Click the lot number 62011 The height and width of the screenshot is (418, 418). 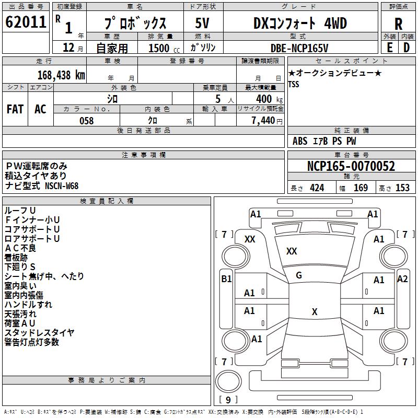pyautogui.click(x=25, y=22)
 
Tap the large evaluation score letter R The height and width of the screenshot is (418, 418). pyautogui.click(x=398, y=24)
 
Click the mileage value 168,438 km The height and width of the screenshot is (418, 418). pyautogui.click(x=61, y=75)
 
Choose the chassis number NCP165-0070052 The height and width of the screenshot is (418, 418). pyautogui.click(x=351, y=167)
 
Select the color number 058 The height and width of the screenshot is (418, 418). pyautogui.click(x=86, y=121)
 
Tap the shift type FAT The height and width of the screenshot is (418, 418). pyautogui.click(x=15, y=109)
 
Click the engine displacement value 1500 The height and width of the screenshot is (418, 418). pyautogui.click(x=159, y=48)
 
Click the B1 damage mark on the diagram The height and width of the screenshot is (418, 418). pyautogui.click(x=226, y=279)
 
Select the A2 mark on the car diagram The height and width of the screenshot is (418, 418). pyautogui.click(x=402, y=278)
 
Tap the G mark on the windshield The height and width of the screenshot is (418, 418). pyautogui.click(x=299, y=275)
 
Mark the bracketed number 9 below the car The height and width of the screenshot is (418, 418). pyautogui.click(x=228, y=400)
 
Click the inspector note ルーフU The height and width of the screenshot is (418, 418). pyautogui.click(x=20, y=210)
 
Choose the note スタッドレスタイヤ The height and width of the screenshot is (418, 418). pyautogui.click(x=39, y=332)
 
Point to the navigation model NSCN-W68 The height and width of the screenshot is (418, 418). pyautogui.click(x=61, y=186)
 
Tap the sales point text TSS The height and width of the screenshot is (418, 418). pyautogui.click(x=294, y=85)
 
